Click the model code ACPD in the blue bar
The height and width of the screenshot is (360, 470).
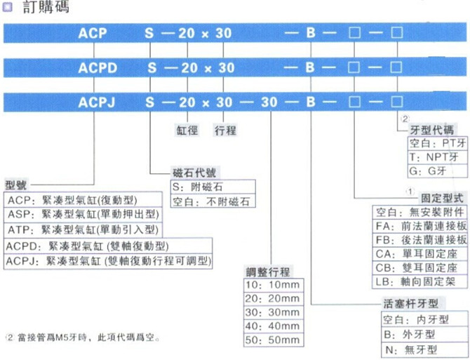[98, 68]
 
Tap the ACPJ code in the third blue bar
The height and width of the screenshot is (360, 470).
[97, 102]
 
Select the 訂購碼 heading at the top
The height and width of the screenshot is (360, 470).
[46, 6]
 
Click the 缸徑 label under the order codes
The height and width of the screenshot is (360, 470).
[187, 131]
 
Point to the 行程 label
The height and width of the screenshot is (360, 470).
[225, 131]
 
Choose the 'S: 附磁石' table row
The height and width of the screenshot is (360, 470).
[213, 187]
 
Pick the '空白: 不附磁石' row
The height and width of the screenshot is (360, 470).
[213, 201]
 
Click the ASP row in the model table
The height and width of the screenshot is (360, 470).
[83, 214]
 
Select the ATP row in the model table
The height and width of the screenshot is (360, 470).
[83, 230]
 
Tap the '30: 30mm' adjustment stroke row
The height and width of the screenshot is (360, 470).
[274, 312]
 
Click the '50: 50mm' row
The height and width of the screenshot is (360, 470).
[274, 340]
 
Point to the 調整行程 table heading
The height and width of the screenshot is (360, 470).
[268, 272]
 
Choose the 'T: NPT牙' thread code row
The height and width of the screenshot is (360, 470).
[437, 157]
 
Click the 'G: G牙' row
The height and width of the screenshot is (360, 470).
[437, 171]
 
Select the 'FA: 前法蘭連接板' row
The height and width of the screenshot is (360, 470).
[419, 226]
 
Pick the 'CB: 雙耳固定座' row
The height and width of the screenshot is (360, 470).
[419, 267]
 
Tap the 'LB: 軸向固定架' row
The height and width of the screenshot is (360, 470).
[419, 281]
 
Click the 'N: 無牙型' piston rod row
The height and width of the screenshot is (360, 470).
[424, 349]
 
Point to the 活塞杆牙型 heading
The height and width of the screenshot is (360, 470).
[411, 304]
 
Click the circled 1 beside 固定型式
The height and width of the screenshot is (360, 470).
[410, 192]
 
